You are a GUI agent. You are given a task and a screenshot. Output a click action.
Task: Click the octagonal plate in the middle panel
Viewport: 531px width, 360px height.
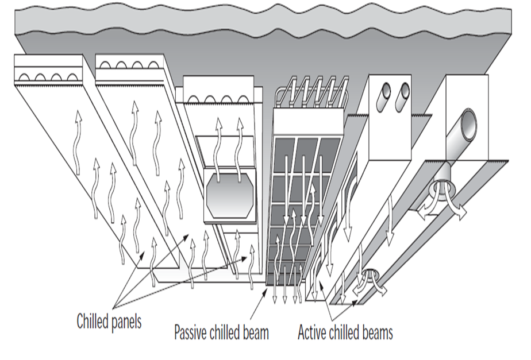[x=228, y=195]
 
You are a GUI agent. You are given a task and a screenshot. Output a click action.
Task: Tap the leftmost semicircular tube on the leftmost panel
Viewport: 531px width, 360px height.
[x=25, y=77]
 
